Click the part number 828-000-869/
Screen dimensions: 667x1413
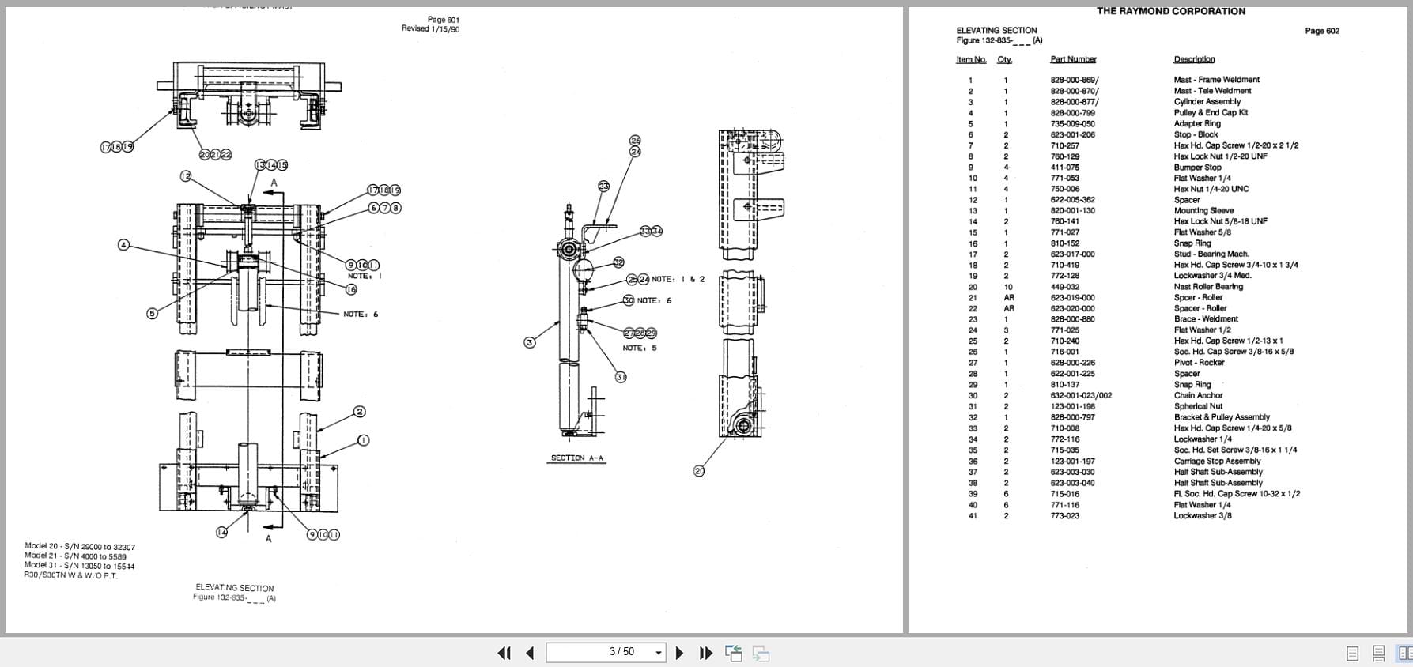1074,80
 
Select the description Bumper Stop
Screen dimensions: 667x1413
1197,168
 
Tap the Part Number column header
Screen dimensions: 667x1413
1073,59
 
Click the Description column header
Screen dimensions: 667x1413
1194,59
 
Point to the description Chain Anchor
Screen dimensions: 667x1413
1198,395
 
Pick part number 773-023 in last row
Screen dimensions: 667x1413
1064,515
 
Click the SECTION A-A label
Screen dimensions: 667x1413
577,458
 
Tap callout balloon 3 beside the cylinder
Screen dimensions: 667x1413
530,342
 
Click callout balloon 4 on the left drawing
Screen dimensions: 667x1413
123,245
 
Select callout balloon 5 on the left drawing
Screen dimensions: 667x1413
152,314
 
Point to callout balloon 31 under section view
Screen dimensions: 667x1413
621,377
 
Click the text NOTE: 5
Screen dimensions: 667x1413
639,348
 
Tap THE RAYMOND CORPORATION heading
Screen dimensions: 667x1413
1170,11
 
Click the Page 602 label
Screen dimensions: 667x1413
1322,31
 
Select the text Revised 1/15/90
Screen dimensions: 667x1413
430,29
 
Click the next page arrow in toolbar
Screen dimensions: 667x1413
679,653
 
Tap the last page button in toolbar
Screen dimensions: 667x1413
705,653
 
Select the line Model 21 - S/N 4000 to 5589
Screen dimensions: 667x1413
75,556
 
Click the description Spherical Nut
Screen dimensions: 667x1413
1198,406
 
